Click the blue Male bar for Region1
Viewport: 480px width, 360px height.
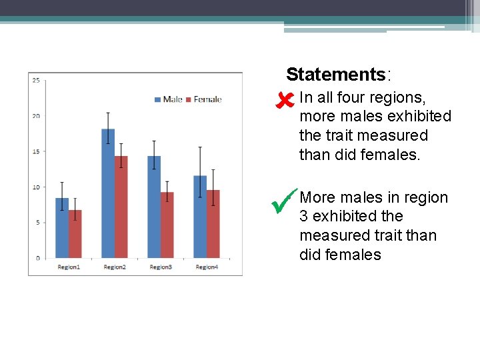[62, 228]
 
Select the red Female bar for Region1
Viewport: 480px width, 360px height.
[75, 234]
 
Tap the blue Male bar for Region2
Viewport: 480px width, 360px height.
[108, 193]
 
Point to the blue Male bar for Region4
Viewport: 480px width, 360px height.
[200, 217]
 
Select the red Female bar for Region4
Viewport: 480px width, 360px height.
[213, 224]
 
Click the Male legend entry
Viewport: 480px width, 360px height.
[169, 99]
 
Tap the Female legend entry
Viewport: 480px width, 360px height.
[203, 99]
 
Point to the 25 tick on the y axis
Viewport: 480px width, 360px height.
[36, 81]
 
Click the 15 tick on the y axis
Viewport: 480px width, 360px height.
[36, 151]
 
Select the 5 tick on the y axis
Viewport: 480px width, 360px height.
[37, 222]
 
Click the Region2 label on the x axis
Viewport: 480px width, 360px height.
[114, 267]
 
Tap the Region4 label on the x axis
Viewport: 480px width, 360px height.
[207, 267]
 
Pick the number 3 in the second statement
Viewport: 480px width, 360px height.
[304, 217]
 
